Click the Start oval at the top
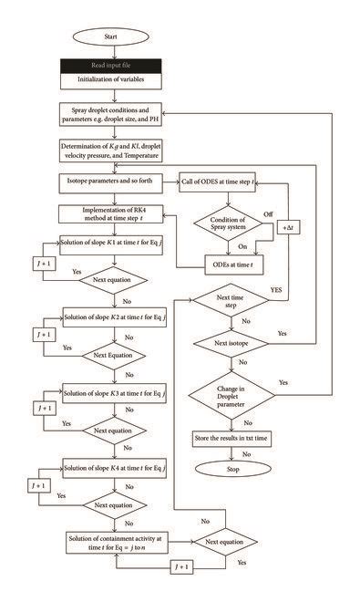tap(115, 39)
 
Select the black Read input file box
tap(115, 66)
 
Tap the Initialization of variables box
tap(115, 81)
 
